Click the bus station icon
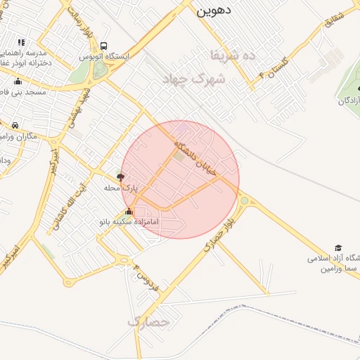pos(104,46)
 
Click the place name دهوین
pos(214,11)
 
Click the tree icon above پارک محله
pos(120,178)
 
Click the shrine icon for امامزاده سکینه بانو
pos(129,212)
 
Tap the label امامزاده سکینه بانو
pos(129,221)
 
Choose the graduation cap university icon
pos(338,248)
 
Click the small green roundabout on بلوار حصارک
pos(244,200)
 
